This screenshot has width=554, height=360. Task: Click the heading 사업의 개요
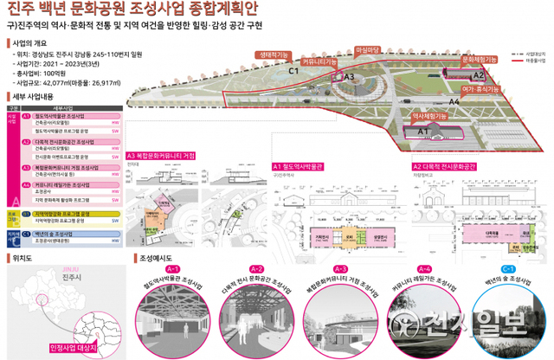pyautogui.click(x=34, y=42)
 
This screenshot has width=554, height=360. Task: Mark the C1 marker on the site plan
pyautogui.click(x=293, y=71)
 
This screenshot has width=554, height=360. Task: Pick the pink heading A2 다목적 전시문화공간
pyautogui.click(x=444, y=165)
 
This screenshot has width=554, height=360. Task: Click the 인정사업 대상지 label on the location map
pyautogui.click(x=78, y=346)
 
